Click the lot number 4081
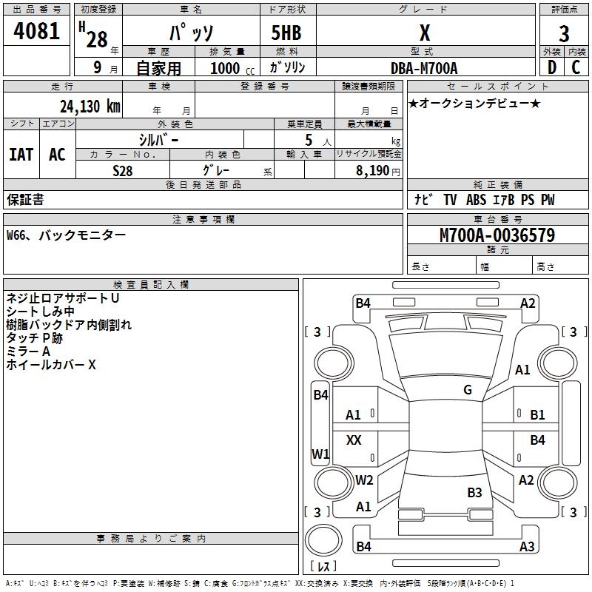tap(36, 31)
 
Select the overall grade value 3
tap(564, 33)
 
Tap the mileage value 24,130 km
tap(90, 107)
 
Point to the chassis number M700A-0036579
tap(497, 235)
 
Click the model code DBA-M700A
tap(424, 68)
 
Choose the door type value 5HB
tap(286, 33)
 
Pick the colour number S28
tap(122, 171)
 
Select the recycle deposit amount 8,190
tap(372, 171)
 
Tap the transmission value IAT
tap(21, 155)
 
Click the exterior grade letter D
tap(551, 67)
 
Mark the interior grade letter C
tap(576, 67)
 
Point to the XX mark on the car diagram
tap(354, 440)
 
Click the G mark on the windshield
tap(468, 390)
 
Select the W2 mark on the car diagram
tap(364, 480)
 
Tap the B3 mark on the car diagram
tap(474, 492)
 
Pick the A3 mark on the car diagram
tap(527, 546)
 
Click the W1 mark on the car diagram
tap(320, 454)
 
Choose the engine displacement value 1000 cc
tap(232, 68)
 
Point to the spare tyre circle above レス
tap(323, 540)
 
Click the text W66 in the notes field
tap(16, 235)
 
